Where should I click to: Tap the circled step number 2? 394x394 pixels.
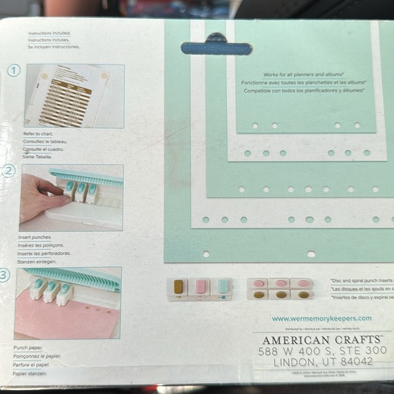[9, 171]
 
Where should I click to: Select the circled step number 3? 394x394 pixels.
[5, 274]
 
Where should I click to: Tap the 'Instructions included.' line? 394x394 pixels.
[49, 33]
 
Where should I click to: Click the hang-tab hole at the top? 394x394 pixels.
[216, 48]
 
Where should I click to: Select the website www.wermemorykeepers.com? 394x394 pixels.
[321, 318]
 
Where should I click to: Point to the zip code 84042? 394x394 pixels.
[352, 362]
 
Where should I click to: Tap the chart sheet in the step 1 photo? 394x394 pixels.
[68, 95]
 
